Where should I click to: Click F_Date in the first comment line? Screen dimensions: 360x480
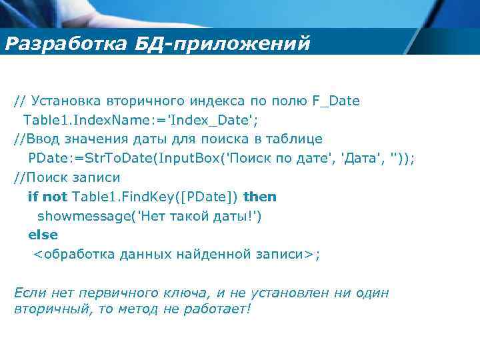[x=335, y=101]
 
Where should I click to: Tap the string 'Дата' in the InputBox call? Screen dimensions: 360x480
[x=363, y=159]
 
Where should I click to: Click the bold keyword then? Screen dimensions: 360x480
[x=260, y=197]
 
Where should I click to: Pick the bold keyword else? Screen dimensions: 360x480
[x=43, y=235]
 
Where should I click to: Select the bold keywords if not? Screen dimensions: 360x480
[x=47, y=197]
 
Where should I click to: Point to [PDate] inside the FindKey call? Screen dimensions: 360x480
[x=207, y=197]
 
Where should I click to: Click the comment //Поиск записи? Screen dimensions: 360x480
[x=67, y=178]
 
